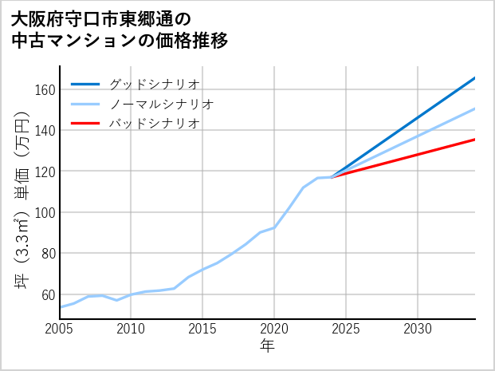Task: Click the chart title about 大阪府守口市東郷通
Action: click(x=120, y=30)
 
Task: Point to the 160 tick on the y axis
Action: click(x=45, y=89)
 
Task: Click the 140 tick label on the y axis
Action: click(x=45, y=130)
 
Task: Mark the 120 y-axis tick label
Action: click(x=45, y=172)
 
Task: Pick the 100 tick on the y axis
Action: click(x=45, y=212)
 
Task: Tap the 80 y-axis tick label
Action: click(x=48, y=254)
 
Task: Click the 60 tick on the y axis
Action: click(x=48, y=294)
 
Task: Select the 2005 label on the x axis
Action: click(x=60, y=329)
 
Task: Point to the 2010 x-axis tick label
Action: click(x=132, y=329)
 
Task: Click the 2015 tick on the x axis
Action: click(x=203, y=329)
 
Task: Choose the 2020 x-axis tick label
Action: click(x=274, y=329)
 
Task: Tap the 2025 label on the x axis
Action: click(x=346, y=329)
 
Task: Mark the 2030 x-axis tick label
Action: click(x=418, y=329)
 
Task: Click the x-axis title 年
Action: click(x=267, y=346)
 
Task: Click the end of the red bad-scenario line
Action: click(x=474, y=140)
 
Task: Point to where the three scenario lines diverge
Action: click(x=332, y=176)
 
